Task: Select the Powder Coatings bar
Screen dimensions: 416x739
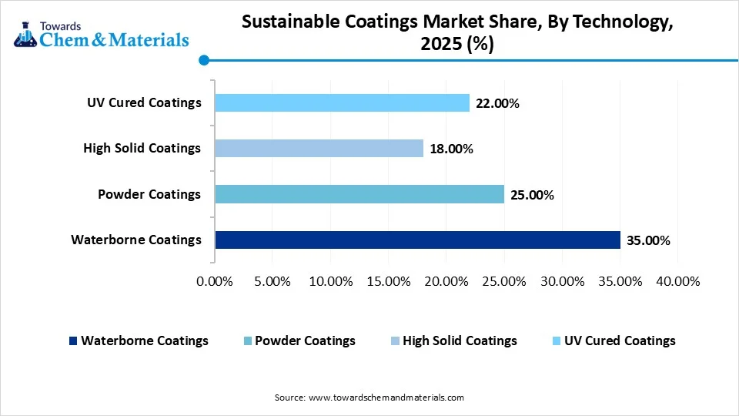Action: click(359, 194)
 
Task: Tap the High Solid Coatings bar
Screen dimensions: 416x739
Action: click(319, 148)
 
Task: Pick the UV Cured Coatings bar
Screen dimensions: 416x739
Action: click(342, 102)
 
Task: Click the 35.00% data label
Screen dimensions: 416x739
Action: click(648, 240)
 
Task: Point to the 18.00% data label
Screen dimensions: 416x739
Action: click(451, 149)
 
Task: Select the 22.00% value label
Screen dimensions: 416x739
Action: click(497, 103)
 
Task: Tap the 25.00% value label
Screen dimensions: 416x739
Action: click(532, 195)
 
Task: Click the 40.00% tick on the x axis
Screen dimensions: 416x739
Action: click(677, 281)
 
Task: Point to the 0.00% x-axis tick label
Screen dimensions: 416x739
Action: click(215, 281)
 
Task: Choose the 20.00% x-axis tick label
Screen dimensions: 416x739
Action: click(446, 281)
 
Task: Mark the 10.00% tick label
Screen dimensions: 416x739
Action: click(330, 281)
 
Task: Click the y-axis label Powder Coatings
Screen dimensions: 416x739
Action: click(149, 194)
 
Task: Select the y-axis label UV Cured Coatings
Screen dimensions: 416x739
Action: click(145, 102)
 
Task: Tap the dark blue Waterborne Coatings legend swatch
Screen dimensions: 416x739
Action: click(73, 341)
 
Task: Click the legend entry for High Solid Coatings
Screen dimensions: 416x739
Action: click(460, 341)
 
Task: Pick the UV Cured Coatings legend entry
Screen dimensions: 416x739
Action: click(620, 341)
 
